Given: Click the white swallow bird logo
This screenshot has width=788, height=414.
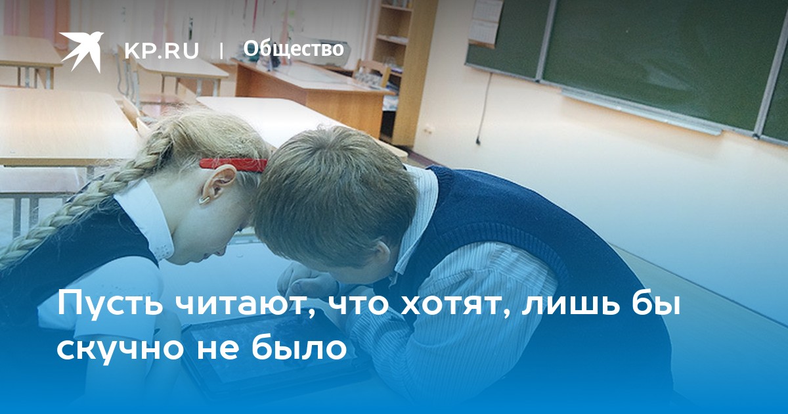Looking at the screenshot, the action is pos(81,51).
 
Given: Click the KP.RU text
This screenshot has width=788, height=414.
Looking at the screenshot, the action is pos(162,51).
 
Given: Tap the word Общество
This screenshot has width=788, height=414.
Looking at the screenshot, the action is pos(294,49).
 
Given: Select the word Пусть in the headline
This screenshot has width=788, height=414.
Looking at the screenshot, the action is pos(110,304).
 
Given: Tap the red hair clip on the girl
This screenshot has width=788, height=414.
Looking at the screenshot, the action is pos(233,165).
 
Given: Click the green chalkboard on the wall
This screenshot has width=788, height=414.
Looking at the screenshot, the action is pos(651,60).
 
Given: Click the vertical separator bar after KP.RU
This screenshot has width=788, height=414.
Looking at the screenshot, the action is pos(221,51).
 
